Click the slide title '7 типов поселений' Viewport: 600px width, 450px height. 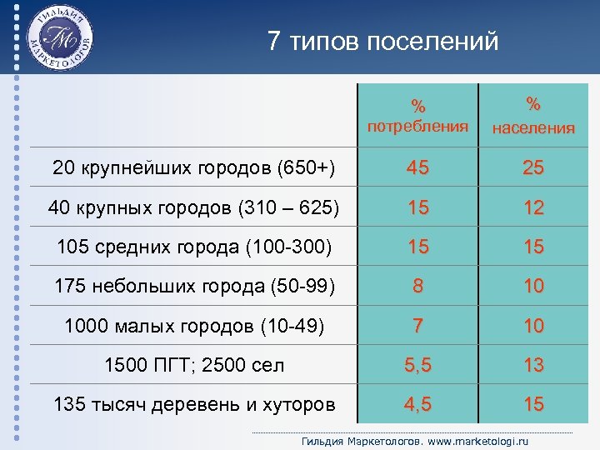(383, 41)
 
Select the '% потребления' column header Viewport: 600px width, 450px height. (418, 117)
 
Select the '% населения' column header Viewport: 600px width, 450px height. (533, 116)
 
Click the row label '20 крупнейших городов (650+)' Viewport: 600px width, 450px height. (193, 168)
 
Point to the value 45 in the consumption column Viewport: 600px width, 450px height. (418, 168)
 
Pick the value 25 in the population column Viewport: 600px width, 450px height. (533, 168)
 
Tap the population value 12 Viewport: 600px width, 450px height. (533, 207)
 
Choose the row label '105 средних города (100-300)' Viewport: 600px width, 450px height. (194, 247)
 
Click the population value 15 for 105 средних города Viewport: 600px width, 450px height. (533, 247)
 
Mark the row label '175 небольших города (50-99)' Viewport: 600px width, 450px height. (194, 286)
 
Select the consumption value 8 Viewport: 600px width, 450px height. (418, 286)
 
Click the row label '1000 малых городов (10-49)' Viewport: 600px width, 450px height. (194, 326)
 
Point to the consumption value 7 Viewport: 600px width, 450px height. (418, 326)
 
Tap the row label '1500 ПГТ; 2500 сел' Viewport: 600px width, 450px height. (194, 365)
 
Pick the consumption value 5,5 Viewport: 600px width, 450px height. (418, 365)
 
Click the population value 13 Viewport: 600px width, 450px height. (533, 365)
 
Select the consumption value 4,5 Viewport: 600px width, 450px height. (418, 405)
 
